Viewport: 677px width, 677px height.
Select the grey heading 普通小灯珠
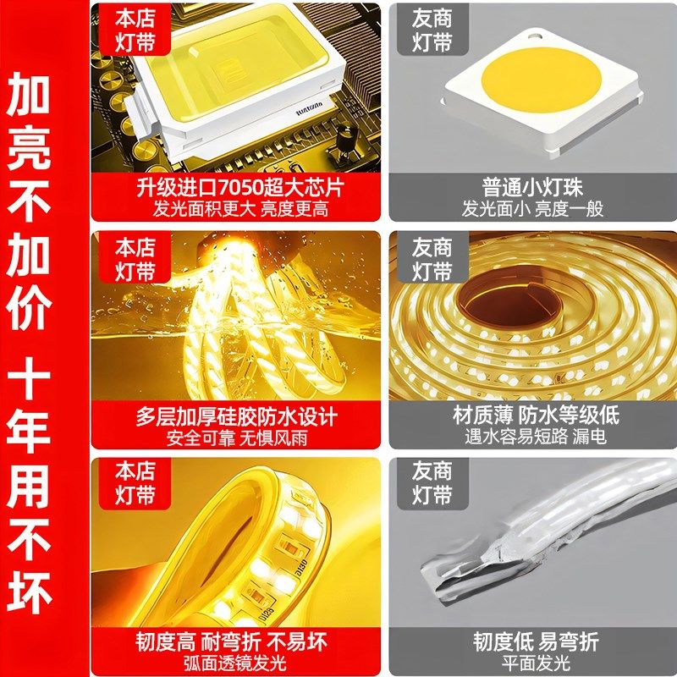click(x=532, y=186)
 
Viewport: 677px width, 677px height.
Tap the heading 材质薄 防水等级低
click(x=532, y=416)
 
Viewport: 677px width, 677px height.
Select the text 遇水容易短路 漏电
click(x=532, y=438)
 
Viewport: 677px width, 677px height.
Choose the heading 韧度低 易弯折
click(x=532, y=641)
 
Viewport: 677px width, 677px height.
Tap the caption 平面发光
click(x=532, y=663)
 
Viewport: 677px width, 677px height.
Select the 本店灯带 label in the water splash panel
click(x=135, y=259)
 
